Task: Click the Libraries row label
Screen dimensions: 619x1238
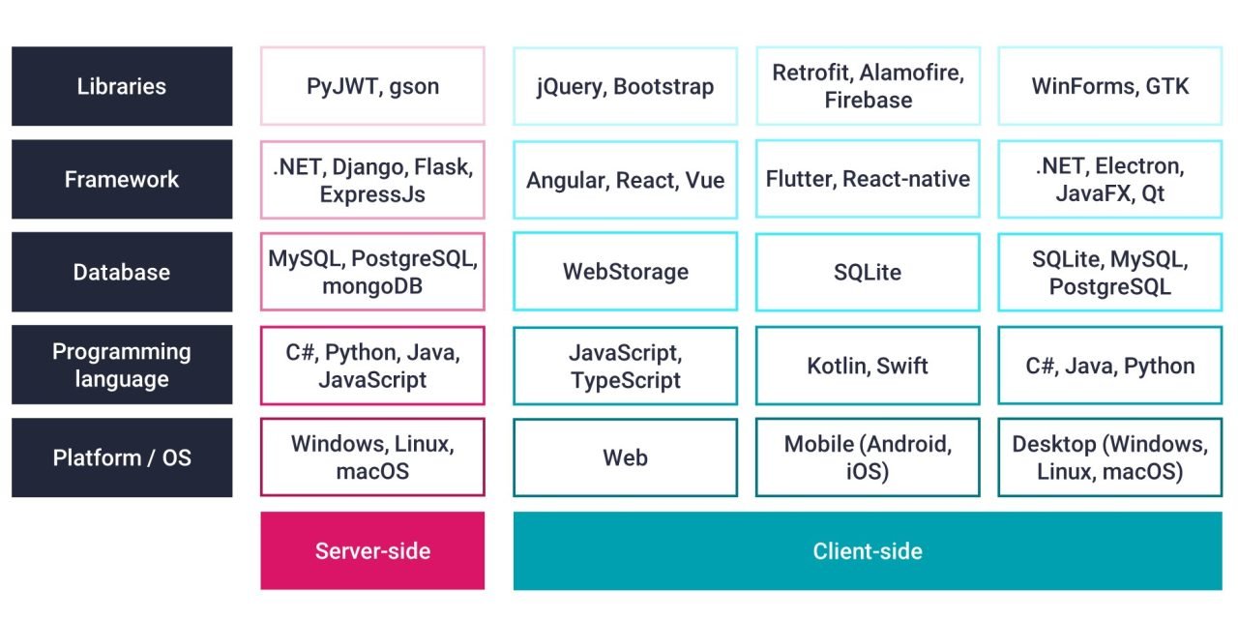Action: (122, 86)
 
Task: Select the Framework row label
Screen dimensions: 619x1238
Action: (122, 179)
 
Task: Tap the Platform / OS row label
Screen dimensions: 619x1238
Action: (122, 457)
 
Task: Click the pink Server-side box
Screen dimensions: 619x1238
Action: (372, 550)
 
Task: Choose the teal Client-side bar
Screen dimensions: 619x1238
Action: (868, 550)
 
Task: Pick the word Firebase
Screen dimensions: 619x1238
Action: (868, 100)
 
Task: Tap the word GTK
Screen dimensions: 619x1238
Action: (1167, 86)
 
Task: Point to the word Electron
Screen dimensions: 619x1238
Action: (1137, 166)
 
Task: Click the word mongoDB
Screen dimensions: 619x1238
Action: (372, 286)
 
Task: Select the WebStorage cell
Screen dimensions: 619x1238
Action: (625, 272)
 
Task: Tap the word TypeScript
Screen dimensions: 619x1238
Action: (625, 380)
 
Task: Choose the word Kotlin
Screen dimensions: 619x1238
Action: (836, 366)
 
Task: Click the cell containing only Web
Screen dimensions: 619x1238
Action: (625, 457)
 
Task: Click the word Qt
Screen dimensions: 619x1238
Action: (1153, 193)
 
